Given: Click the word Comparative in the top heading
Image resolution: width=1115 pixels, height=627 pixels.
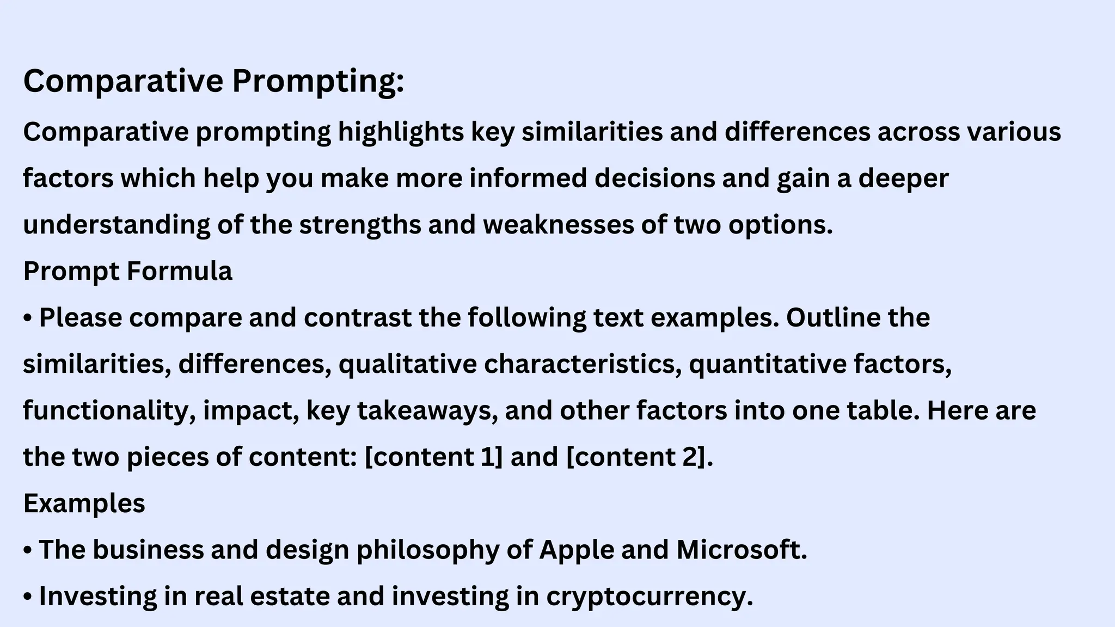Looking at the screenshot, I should point(123,82).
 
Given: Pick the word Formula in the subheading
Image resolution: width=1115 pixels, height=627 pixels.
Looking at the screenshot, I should point(179,271).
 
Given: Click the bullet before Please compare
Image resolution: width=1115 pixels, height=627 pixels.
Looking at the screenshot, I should point(28,318).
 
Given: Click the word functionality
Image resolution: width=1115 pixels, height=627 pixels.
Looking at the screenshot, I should point(109,411).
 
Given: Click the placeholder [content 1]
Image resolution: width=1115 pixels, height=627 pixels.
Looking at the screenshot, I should point(433,457).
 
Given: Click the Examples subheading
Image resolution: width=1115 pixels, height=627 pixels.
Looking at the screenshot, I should point(84,503).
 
